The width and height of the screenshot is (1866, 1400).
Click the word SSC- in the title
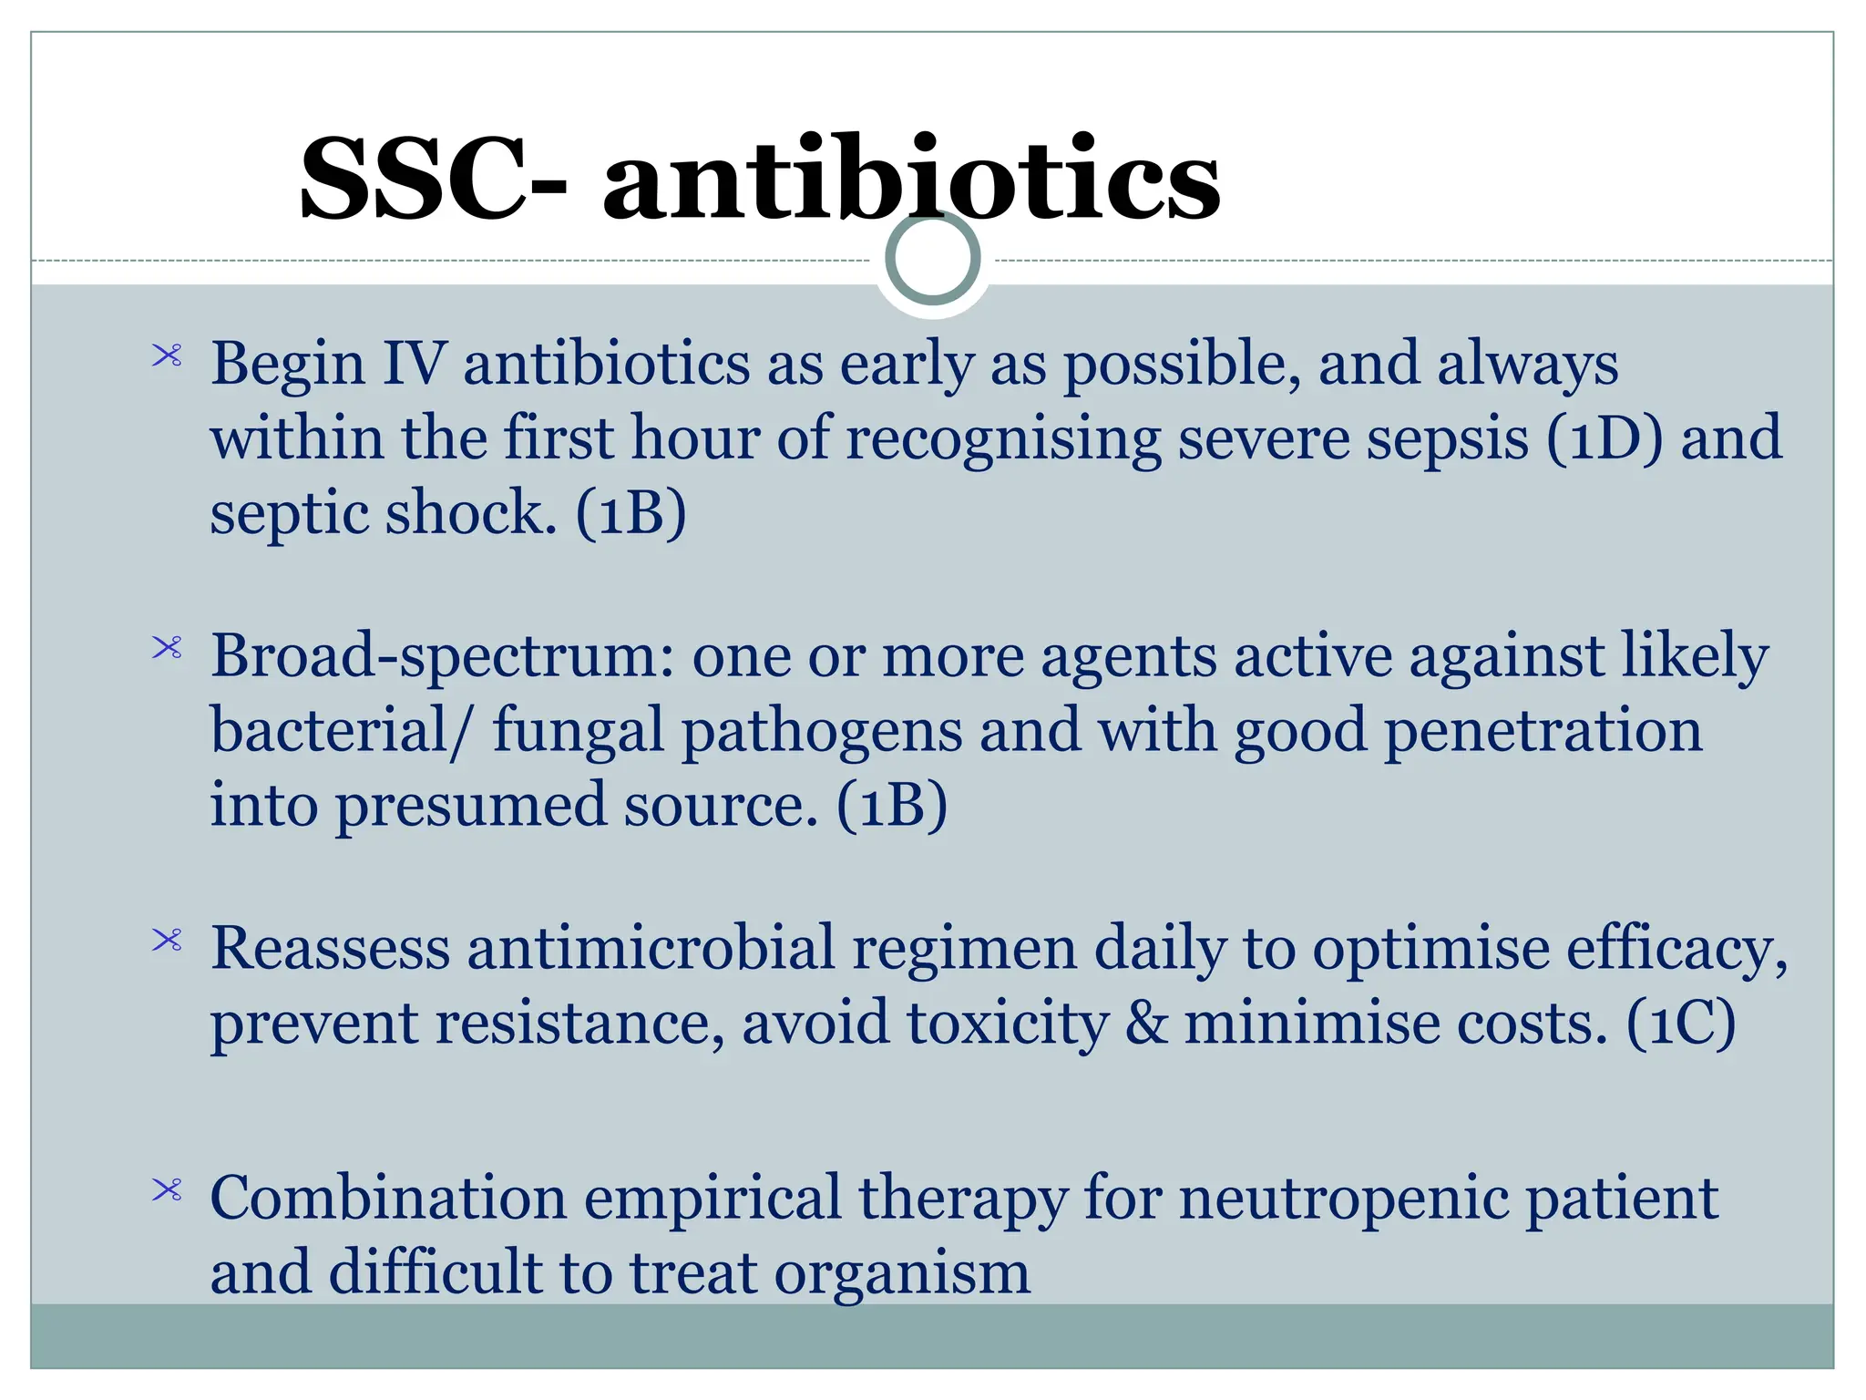[x=434, y=179]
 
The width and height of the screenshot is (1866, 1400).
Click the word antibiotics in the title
[x=911, y=179]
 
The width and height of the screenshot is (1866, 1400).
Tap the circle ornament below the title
[x=933, y=259]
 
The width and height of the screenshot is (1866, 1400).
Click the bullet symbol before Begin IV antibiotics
[x=168, y=355]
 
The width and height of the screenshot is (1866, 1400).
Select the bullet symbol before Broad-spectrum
[x=168, y=648]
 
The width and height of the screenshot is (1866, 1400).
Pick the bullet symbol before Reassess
[x=168, y=940]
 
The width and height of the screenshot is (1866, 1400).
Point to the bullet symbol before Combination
[x=168, y=1189]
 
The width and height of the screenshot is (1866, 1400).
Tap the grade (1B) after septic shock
[x=631, y=513]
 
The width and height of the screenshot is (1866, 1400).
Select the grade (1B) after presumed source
[x=892, y=806]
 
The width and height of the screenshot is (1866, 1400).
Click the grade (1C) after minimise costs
[x=1681, y=1024]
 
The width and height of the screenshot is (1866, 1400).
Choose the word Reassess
[x=330, y=948]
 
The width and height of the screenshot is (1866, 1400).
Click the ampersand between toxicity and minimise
[x=1146, y=1024]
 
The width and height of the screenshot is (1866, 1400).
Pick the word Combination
[x=388, y=1199]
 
